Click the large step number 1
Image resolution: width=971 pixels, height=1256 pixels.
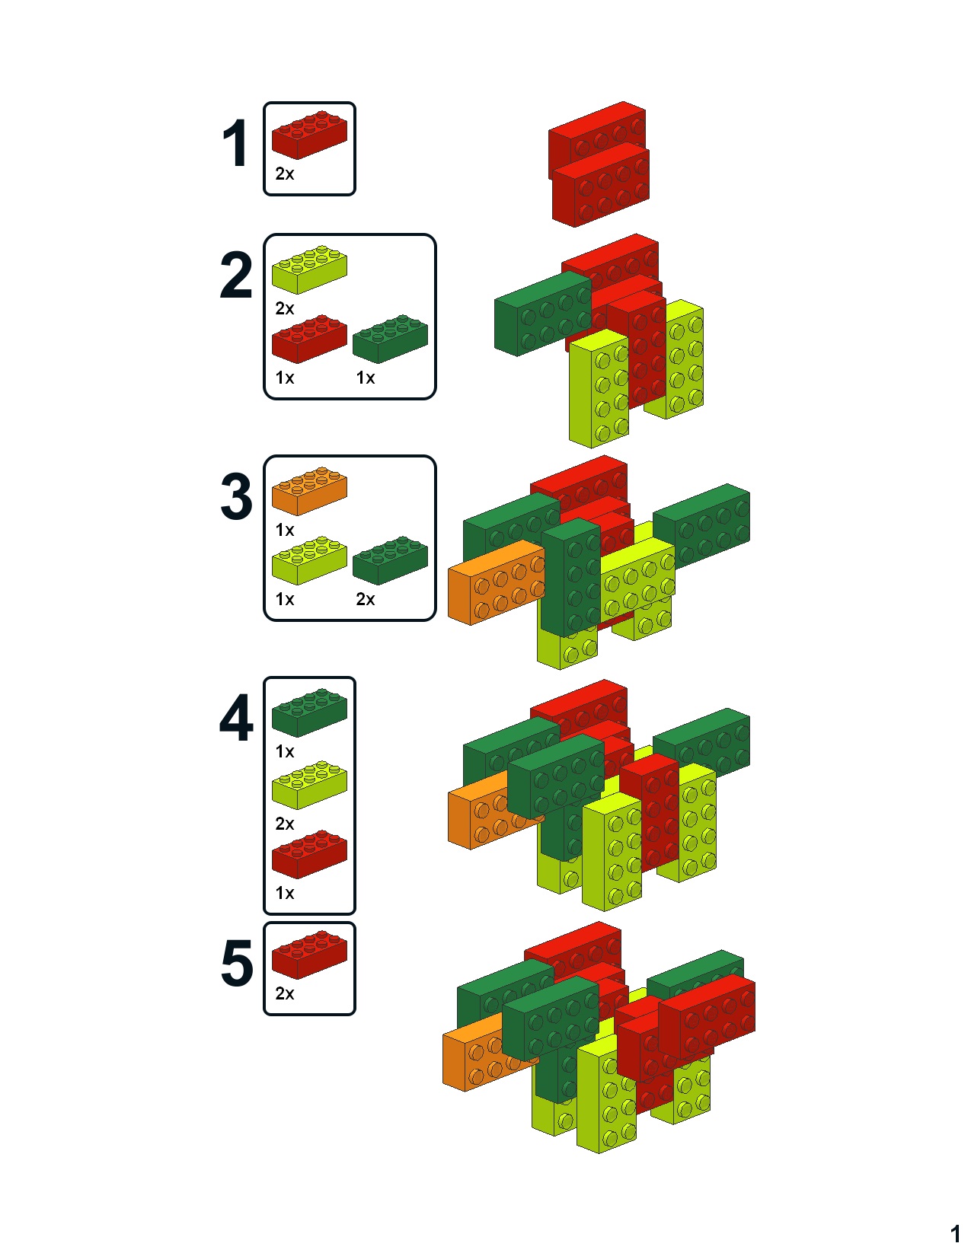[x=236, y=143]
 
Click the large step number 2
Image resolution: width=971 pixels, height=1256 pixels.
[x=236, y=275]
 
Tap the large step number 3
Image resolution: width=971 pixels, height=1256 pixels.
[x=236, y=496]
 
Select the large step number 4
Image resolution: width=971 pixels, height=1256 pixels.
[x=236, y=718]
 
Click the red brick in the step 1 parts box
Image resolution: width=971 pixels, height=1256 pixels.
[x=309, y=135]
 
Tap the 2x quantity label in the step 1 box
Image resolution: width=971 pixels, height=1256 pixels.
[x=285, y=174]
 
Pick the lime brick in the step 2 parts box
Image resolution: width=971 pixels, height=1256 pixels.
[x=309, y=269]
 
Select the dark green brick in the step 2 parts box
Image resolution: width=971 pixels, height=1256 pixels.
[x=391, y=339]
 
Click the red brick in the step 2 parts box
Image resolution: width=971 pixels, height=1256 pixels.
[x=309, y=339]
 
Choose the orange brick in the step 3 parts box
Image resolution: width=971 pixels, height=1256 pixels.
[x=309, y=491]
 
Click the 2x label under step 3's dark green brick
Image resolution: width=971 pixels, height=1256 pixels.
[x=366, y=599]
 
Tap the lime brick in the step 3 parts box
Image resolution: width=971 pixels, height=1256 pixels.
[x=309, y=560]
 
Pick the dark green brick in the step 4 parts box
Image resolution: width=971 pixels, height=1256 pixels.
[x=309, y=712]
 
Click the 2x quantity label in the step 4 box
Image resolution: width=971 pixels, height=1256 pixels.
[x=285, y=824]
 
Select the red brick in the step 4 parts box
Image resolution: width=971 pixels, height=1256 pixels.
[x=309, y=854]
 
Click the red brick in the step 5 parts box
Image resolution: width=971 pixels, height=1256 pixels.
[x=309, y=955]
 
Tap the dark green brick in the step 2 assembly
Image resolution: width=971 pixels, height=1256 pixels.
[x=542, y=314]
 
